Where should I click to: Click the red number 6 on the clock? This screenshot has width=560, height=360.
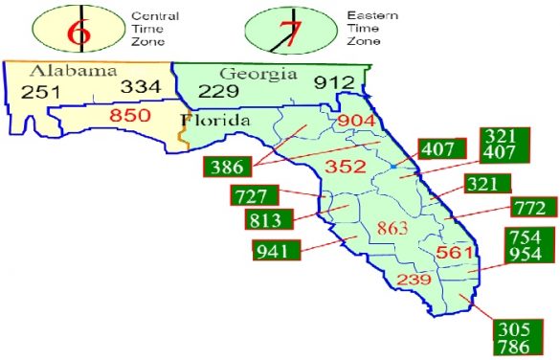click(81, 29)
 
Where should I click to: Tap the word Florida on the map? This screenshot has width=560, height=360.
click(214, 121)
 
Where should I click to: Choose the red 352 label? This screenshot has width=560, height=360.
click(348, 167)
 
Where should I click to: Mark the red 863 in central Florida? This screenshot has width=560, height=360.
click(392, 229)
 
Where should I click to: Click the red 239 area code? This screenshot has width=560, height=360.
click(413, 281)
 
